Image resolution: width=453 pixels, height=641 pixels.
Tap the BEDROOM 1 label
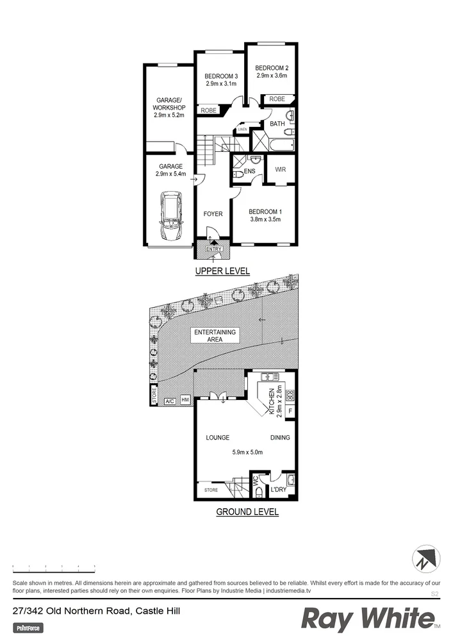click(265, 212)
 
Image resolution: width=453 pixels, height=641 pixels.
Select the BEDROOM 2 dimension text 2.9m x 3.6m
click(272, 76)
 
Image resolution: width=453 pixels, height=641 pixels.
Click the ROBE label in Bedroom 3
click(208, 111)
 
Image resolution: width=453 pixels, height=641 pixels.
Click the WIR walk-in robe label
click(280, 170)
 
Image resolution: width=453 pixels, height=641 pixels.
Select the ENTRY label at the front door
click(213, 249)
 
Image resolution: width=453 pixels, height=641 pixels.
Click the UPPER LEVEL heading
click(222, 271)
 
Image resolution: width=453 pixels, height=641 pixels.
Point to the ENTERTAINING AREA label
click(215, 335)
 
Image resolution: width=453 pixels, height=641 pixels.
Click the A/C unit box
click(170, 401)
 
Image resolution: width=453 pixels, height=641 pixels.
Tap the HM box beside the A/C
click(186, 401)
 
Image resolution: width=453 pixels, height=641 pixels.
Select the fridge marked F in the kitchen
click(290, 411)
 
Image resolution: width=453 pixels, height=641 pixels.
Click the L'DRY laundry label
click(278, 490)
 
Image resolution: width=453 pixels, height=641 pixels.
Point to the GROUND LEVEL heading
click(247, 512)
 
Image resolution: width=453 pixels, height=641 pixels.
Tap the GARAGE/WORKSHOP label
click(169, 108)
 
